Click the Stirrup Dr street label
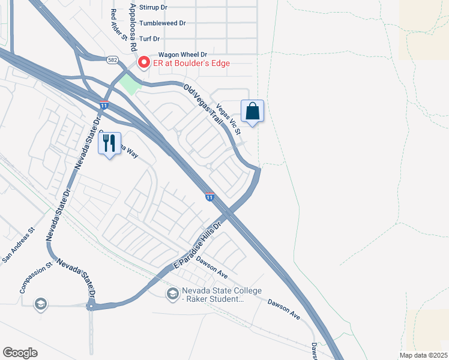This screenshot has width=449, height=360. coord(154,7)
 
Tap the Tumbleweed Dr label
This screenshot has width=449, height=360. coord(162,23)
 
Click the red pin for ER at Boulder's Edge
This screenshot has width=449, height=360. coord(144,62)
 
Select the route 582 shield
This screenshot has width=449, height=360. coord(112,60)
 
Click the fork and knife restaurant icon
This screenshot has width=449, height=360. coord(109,144)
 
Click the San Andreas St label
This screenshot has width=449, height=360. coord(19,245)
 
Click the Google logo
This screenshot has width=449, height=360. coord(20,353)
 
